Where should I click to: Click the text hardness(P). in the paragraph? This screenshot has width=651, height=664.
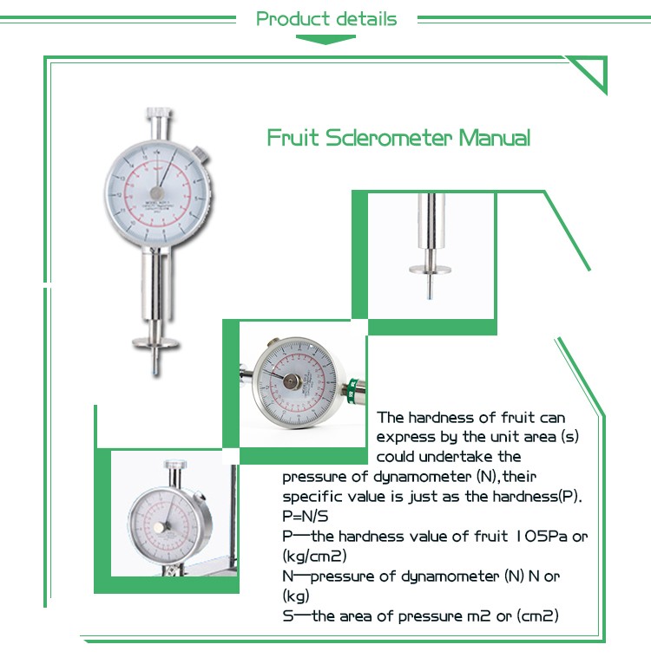pyautogui.click(x=537, y=497)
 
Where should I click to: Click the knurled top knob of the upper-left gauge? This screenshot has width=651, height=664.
pyautogui.click(x=157, y=114)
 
